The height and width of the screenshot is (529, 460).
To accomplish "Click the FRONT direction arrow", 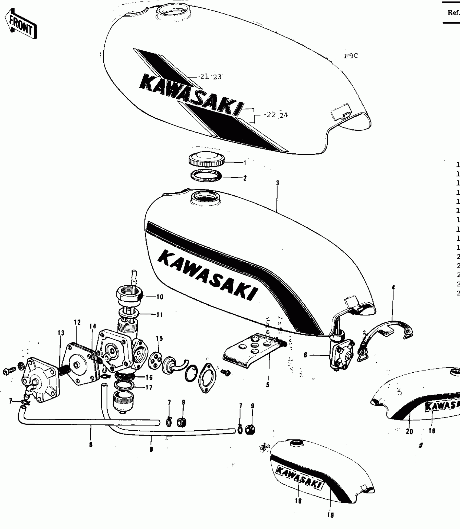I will pos(21,24).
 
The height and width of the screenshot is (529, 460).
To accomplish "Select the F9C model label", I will pos(351,56).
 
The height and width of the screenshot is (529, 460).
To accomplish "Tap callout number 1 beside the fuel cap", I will pos(245,163).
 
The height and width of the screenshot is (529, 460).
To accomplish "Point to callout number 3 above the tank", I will pos(278,183).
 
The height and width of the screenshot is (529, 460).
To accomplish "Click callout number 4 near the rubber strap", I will pos(393,287).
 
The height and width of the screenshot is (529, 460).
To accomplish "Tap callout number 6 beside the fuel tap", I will pos(305,355).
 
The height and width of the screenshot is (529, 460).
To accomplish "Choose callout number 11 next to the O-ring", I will pos(160,315).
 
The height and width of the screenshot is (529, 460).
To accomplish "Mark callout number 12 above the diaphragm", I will pos(77,322).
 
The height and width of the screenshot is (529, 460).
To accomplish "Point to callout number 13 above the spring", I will pos(61,333).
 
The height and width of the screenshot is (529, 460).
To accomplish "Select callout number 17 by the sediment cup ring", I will pos(149,388).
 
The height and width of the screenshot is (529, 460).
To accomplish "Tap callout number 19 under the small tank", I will pos(331,515).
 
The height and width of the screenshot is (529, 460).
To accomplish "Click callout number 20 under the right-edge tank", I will pos(409,431).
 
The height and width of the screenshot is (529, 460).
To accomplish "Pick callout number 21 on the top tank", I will pos(205,76).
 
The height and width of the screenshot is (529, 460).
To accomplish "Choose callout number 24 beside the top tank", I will pos(284,115).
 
